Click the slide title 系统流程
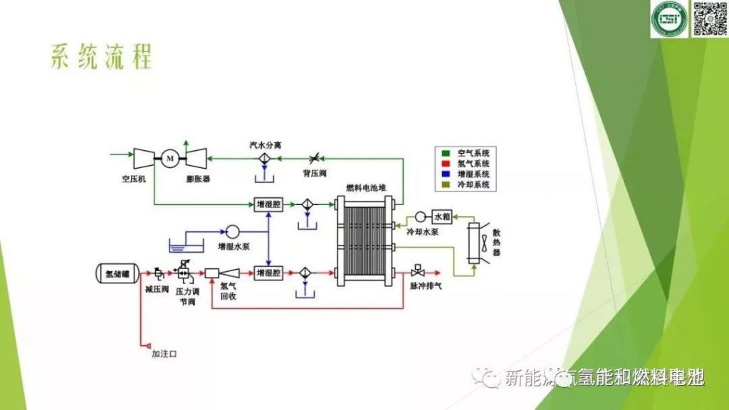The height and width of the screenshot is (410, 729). coord(101,58)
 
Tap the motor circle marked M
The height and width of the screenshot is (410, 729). coord(170,157)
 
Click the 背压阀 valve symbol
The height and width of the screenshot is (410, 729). coord(314,157)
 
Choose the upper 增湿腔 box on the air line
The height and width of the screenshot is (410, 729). coord(269,204)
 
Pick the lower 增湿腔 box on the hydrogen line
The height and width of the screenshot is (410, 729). coord(269,272)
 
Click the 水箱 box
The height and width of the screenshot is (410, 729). coord(442,216)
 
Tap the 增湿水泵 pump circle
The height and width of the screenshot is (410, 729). coord(232,231)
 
